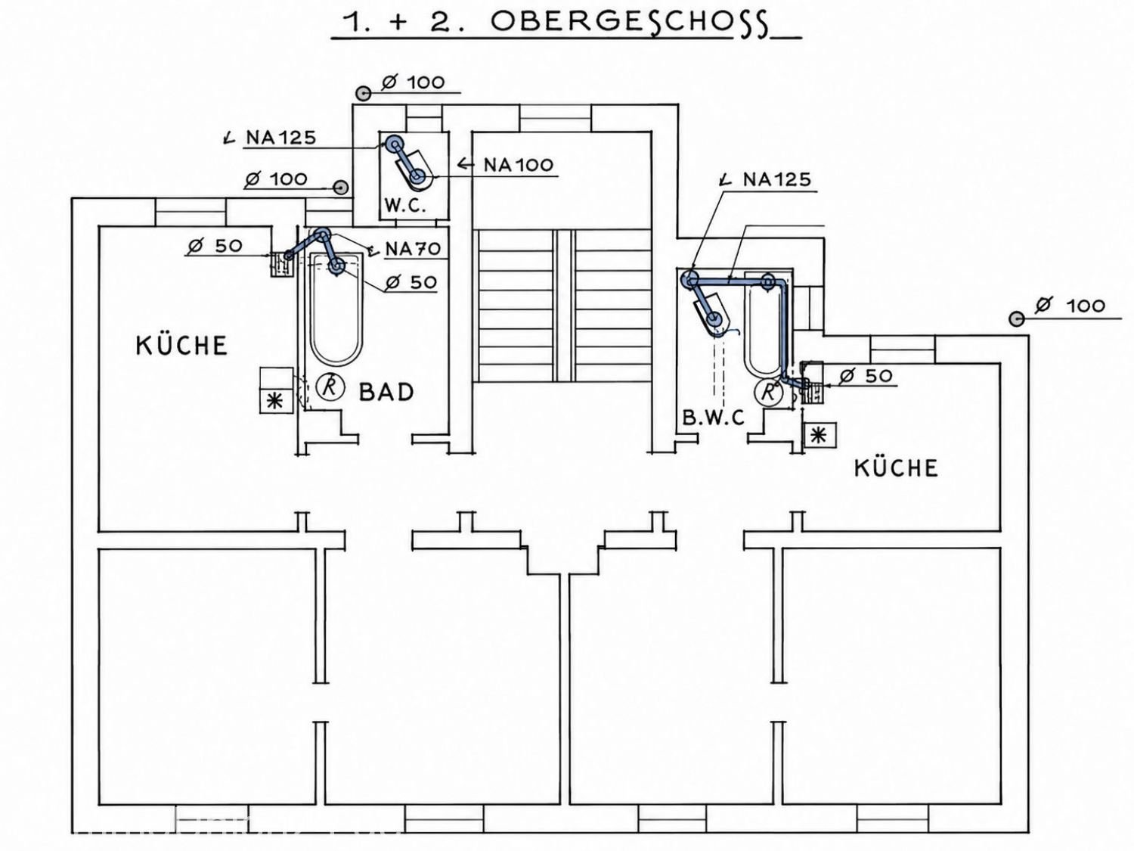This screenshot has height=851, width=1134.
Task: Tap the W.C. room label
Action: (405, 207)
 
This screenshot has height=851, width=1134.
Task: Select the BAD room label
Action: (386, 392)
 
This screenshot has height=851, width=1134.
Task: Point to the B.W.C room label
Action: (714, 418)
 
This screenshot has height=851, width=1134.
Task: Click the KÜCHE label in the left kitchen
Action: (181, 345)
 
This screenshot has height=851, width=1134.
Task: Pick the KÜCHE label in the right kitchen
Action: (896, 467)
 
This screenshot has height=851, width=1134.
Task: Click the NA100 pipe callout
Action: (518, 166)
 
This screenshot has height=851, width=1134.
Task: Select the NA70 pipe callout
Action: (413, 250)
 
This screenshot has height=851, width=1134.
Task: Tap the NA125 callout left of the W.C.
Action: (280, 138)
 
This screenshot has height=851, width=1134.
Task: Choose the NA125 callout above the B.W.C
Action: (777, 179)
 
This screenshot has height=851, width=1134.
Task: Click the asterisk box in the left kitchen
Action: (276, 401)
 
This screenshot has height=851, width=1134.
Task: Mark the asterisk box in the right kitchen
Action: (820, 436)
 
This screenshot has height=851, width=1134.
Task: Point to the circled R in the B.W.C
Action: (769, 393)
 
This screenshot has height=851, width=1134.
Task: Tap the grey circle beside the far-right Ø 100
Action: (1017, 318)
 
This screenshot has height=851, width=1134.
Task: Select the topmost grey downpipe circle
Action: (364, 94)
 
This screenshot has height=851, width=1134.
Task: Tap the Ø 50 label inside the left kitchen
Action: (215, 245)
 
